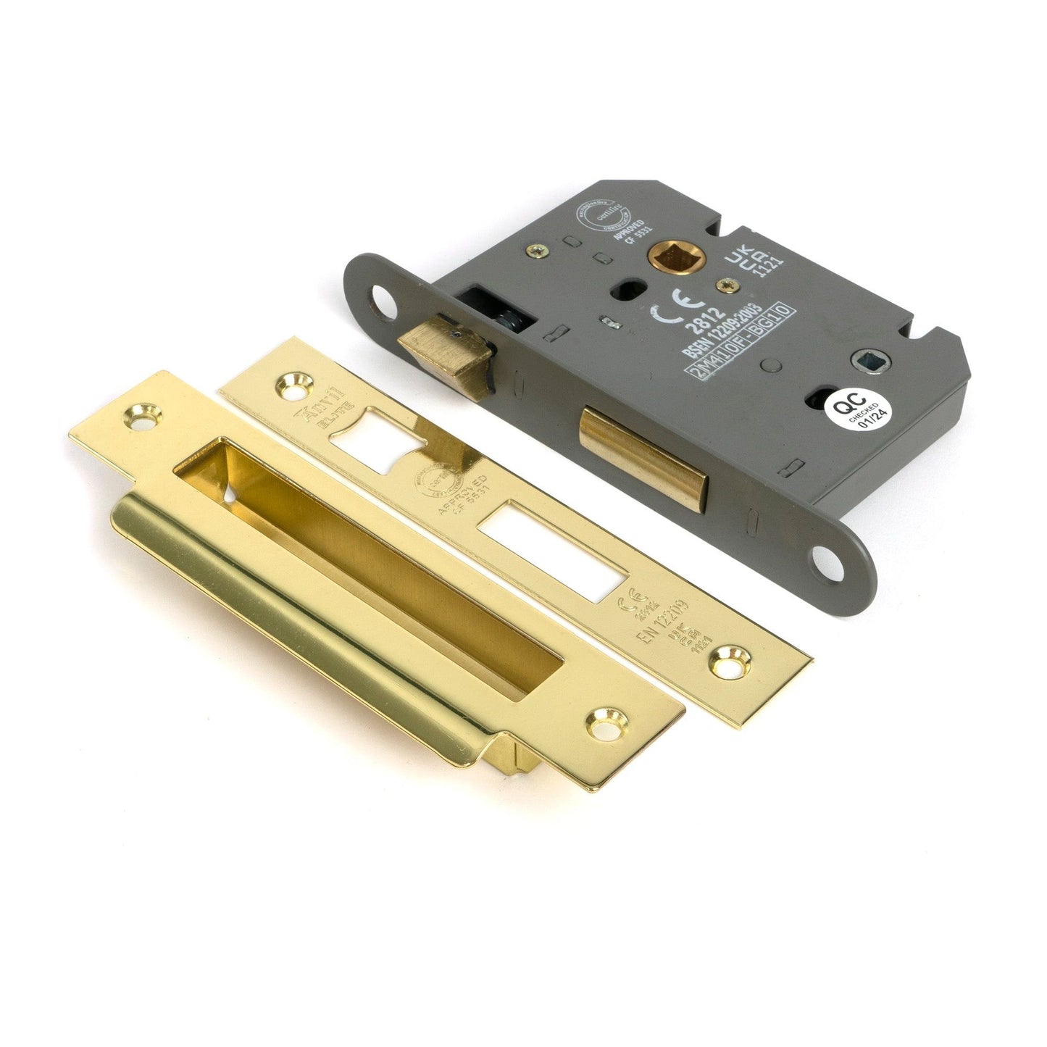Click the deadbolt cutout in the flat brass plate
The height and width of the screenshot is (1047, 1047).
(556, 552)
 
